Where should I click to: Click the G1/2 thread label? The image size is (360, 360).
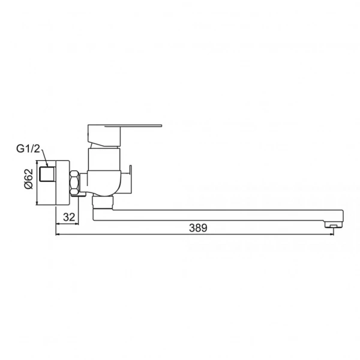(28, 149)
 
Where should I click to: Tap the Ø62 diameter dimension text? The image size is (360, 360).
(29, 179)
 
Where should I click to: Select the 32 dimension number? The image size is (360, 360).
(69, 217)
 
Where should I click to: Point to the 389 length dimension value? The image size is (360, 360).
(198, 228)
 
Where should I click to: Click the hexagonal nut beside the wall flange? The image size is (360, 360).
(74, 182)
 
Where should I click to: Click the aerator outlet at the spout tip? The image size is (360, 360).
(334, 226)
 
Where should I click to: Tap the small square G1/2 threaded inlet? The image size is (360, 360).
(47, 174)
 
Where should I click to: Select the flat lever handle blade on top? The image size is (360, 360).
(133, 126)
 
